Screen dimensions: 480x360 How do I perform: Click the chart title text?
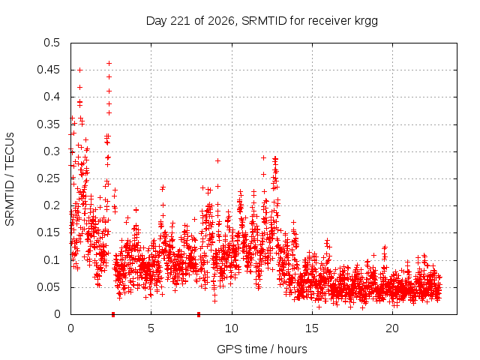(262, 21)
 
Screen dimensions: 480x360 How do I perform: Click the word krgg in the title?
(366, 22)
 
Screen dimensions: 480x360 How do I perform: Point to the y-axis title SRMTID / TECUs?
(10, 179)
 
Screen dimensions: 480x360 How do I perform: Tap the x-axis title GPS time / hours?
(262, 349)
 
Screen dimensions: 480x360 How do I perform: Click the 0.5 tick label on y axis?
(52, 43)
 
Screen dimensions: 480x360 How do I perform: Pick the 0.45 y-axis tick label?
(48, 70)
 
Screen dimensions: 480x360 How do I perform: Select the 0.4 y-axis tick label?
(52, 97)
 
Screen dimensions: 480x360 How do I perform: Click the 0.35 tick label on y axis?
(48, 124)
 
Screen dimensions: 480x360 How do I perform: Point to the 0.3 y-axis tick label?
(52, 151)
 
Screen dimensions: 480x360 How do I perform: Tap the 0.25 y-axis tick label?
(48, 178)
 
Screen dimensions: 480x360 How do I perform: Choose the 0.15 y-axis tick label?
(48, 232)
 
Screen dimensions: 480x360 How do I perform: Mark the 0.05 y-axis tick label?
(48, 287)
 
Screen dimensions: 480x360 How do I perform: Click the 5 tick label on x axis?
(151, 328)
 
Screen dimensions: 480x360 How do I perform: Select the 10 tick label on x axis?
(232, 328)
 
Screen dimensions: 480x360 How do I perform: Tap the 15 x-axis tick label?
(312, 328)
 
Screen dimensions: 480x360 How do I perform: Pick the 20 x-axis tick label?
(392, 328)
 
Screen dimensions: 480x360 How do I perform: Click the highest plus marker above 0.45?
(109, 63)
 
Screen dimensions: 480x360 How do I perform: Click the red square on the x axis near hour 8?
(199, 314)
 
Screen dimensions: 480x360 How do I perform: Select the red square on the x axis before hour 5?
(113, 314)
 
